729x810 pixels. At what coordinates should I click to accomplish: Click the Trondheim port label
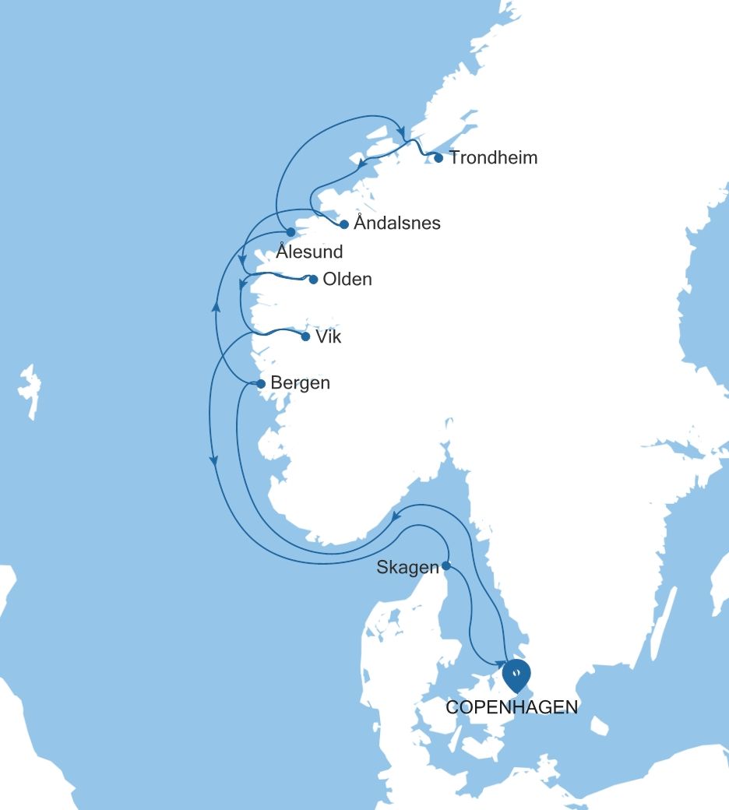click(493, 158)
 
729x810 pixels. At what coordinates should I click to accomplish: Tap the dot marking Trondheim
click(438, 158)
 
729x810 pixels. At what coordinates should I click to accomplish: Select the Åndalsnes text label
click(396, 224)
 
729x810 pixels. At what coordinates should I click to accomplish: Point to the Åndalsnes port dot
click(343, 224)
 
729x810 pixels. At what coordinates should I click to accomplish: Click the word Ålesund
click(309, 252)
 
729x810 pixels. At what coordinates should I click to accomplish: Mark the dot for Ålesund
click(290, 232)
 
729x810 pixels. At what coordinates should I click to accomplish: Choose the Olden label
click(347, 279)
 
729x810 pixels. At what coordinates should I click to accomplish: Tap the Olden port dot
click(313, 280)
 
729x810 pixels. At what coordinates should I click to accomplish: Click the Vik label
click(328, 337)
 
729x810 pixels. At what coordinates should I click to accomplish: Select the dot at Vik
click(305, 337)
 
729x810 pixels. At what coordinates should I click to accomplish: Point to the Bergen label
click(300, 383)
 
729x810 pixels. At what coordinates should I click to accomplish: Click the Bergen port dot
click(261, 384)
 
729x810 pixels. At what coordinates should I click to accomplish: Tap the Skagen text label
click(408, 567)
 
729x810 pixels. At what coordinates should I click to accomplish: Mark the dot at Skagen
click(446, 565)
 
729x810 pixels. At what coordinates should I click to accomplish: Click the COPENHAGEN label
click(512, 707)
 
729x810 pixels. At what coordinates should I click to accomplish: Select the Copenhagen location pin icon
click(516, 674)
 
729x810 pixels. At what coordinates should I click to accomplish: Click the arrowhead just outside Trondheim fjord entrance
click(402, 129)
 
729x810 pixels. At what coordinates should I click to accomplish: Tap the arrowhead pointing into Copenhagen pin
click(501, 664)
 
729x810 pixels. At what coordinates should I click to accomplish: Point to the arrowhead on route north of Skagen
click(396, 516)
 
